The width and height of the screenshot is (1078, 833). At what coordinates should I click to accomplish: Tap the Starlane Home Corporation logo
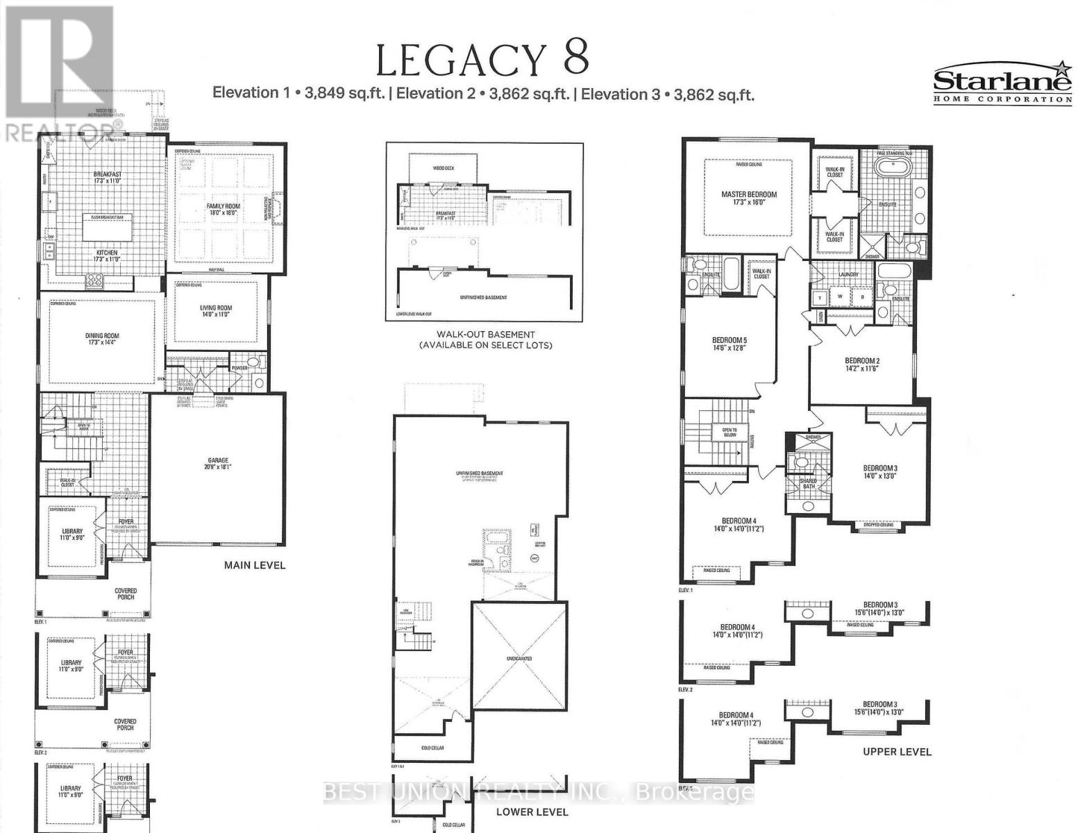[1002, 83]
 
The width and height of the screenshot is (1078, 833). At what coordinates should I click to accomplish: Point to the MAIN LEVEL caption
[254, 565]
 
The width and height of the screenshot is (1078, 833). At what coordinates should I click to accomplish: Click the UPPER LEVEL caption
[897, 752]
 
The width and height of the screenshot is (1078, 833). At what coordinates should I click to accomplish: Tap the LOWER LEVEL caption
[532, 811]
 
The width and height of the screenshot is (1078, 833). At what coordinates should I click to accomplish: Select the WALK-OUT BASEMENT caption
[486, 335]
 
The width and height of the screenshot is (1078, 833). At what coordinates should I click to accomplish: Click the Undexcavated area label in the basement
[519, 658]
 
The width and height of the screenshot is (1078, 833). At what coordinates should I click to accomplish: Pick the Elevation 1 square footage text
[298, 94]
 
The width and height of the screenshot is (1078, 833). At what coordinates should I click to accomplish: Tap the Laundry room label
[848, 274]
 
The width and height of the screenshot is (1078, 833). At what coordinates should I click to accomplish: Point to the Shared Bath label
[807, 484]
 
